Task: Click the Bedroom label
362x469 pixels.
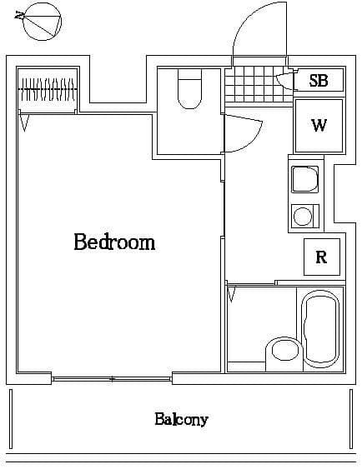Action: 114,242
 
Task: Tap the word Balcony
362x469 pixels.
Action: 180,419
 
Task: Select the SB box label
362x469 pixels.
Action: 318,81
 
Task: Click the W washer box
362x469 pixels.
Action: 319,126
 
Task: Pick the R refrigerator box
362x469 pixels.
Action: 321,257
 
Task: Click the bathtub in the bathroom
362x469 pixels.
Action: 319,329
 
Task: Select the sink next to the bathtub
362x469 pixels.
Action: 281,353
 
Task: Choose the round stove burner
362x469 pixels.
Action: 302,217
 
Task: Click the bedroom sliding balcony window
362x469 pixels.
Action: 113,378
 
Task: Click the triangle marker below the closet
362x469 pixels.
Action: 26,122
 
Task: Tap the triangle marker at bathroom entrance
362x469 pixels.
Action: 232,295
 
